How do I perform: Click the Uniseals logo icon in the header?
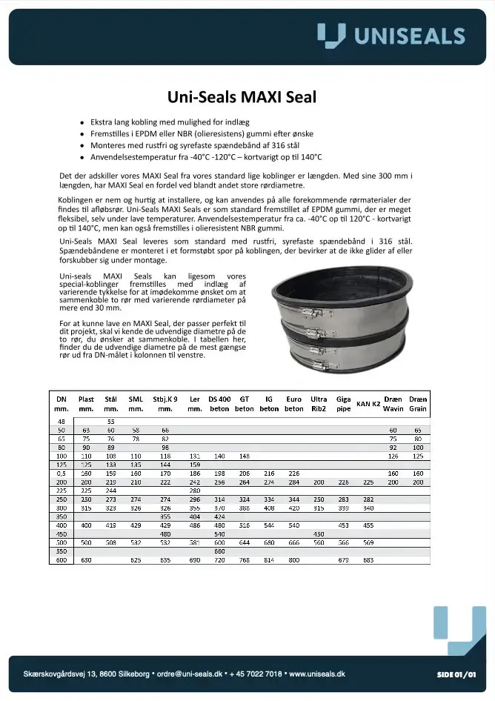coord(330,35)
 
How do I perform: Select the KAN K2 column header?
coord(368,403)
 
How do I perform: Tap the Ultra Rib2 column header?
coord(319,403)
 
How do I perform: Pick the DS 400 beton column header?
coord(219,403)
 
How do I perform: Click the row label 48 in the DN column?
coord(62,421)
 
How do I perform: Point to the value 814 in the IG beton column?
coord(269,560)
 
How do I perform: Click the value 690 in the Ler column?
coord(195,560)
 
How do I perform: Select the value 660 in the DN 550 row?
coord(219,551)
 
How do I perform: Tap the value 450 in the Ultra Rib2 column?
coord(319,533)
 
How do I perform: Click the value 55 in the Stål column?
coord(111,421)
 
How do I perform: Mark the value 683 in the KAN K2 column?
coord(368,560)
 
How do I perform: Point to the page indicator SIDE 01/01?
coord(455,674)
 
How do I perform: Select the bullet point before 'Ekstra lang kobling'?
coord(82,121)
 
